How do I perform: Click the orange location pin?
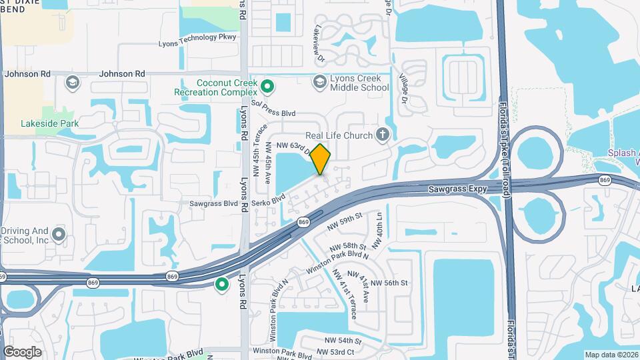tap(321, 159)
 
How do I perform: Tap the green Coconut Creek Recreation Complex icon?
tap(267, 86)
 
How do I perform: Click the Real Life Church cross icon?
tap(382, 135)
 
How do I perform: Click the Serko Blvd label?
tap(268, 199)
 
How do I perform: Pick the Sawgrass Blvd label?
tap(214, 203)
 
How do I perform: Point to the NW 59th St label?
tap(344, 221)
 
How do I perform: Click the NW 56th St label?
tap(389, 283)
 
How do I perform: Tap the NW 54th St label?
tap(339, 341)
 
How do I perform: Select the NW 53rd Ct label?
tap(335, 351)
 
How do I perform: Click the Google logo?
tap(22, 351)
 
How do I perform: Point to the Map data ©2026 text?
tap(611, 355)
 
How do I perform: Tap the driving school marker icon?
tap(59, 234)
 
